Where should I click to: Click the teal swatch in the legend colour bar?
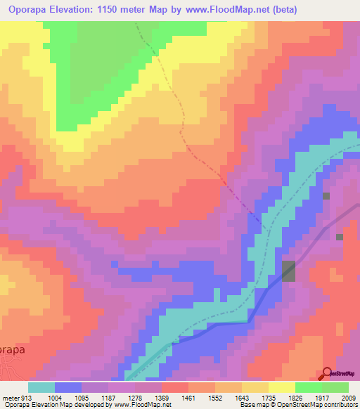tap(41, 387)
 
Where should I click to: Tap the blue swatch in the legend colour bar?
tap(68, 387)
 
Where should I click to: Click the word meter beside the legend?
tap(10, 397)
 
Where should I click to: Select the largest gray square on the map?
tap(288, 271)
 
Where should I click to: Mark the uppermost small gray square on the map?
tap(326, 195)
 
